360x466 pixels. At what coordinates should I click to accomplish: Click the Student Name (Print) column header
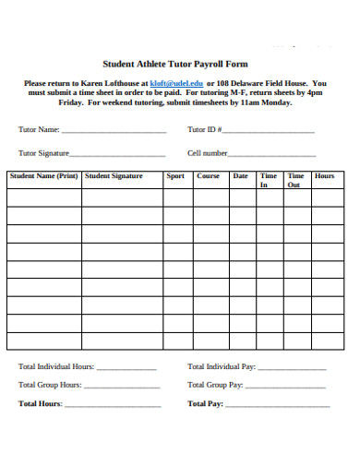coord(44,175)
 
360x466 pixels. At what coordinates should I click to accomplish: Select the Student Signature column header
coord(114,175)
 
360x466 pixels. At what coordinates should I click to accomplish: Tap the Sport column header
coord(175,175)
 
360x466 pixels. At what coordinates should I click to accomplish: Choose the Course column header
coord(209,175)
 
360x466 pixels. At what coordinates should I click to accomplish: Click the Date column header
coord(240,175)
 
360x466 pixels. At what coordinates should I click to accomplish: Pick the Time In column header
coord(269,180)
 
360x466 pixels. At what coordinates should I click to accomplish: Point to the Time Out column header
coord(295,180)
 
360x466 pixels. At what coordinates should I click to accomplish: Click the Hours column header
coord(325,175)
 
